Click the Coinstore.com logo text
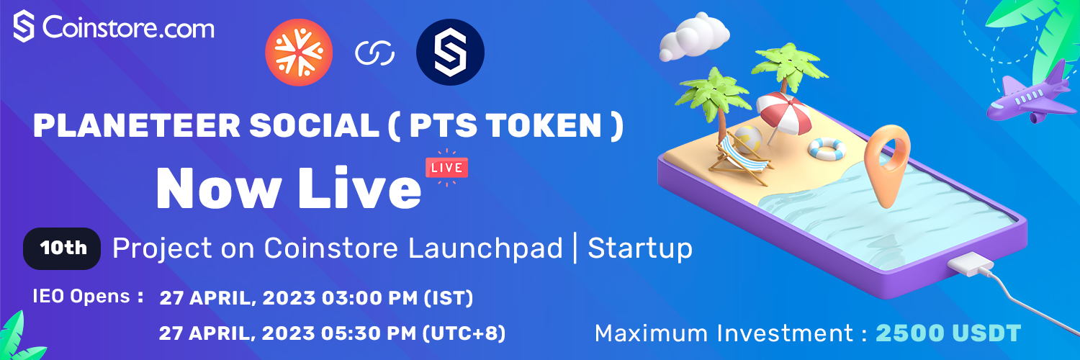coord(128,28)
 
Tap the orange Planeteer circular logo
coord(299,52)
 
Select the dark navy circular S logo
coord(450,52)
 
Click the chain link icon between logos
coord(374,53)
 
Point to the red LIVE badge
coord(446,168)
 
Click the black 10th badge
coord(62,248)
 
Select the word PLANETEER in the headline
coord(137,125)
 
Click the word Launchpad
coord(485,248)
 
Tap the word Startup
coord(640,249)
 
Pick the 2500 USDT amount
coord(948,333)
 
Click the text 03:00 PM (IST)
coord(397,298)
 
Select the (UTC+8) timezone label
coord(464,333)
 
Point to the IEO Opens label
coord(89,296)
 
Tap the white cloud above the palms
coord(694,37)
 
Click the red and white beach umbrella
coord(783,114)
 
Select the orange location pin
coord(886,164)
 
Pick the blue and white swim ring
coord(827,148)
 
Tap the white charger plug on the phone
coord(970,264)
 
